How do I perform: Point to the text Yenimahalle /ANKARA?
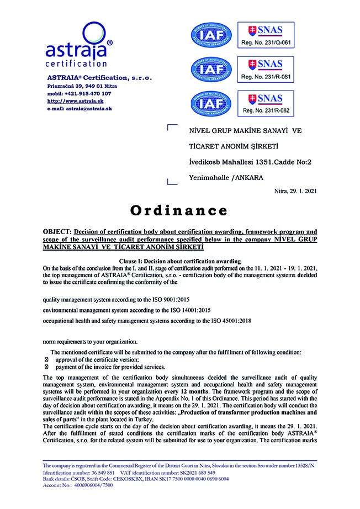[225, 177]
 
